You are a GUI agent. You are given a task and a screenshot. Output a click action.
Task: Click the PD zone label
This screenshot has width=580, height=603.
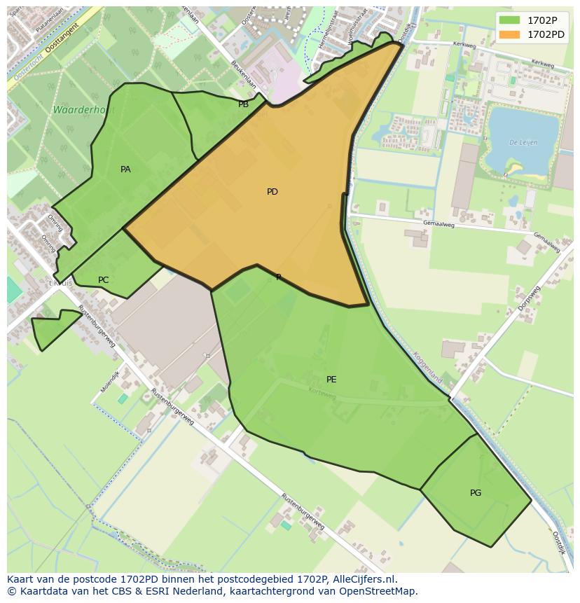pos(272,192)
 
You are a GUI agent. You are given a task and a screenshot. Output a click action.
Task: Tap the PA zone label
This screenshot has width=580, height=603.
pos(125,169)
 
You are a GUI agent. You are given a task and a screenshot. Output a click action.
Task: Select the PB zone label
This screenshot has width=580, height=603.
pos(243,105)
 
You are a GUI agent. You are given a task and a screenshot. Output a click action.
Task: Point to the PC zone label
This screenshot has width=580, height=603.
pos(103,280)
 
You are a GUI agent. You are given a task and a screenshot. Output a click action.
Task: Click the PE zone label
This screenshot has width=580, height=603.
pos(331,380)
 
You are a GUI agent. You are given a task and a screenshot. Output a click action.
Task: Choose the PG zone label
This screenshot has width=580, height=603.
pos(476,493)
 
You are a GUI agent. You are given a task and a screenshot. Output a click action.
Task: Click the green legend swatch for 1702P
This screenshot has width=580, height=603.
pos(510,20)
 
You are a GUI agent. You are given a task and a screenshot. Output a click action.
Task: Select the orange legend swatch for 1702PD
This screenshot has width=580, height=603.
pos(510,34)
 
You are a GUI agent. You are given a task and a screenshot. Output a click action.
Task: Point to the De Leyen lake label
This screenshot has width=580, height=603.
pos(523,142)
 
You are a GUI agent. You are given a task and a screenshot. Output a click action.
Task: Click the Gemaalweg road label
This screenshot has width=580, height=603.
pos(439,225)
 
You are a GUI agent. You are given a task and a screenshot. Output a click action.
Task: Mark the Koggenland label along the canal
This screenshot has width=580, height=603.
pos(427,367)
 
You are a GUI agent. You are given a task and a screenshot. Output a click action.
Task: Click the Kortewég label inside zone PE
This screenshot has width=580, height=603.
pos(322,394)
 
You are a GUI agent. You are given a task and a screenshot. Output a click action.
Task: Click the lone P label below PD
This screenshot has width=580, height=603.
pos(278,278)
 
